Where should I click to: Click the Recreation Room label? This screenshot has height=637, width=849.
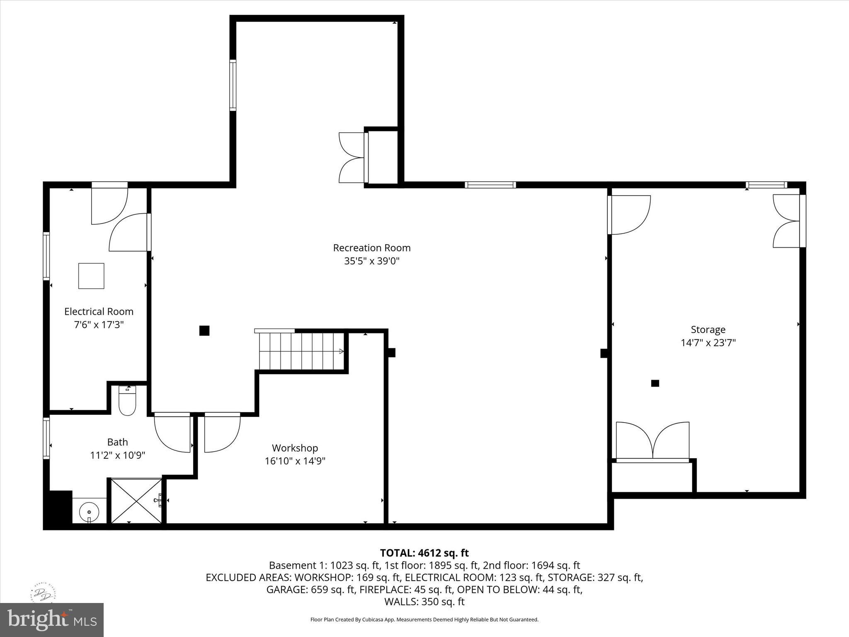[371, 248]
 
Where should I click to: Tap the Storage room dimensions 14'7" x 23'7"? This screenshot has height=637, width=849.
[708, 343]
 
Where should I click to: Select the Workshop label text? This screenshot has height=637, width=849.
[295, 448]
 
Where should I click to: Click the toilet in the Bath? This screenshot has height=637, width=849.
[127, 401]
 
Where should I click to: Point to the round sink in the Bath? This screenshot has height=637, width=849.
[89, 512]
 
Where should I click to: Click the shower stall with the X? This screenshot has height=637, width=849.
[136, 501]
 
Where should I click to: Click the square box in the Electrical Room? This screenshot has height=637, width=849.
[91, 276]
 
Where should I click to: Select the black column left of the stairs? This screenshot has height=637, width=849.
[204, 331]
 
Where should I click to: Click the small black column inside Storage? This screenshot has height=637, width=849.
[655, 383]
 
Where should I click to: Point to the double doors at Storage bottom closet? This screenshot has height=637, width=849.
[653, 440]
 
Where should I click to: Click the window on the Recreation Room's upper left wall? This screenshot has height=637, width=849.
[233, 85]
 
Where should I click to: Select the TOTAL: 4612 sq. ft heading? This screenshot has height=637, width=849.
[424, 553]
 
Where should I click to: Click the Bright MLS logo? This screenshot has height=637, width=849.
[51, 620]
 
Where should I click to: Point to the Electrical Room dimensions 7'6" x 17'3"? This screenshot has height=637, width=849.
[99, 325]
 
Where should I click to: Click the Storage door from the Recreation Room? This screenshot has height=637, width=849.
[628, 214]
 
